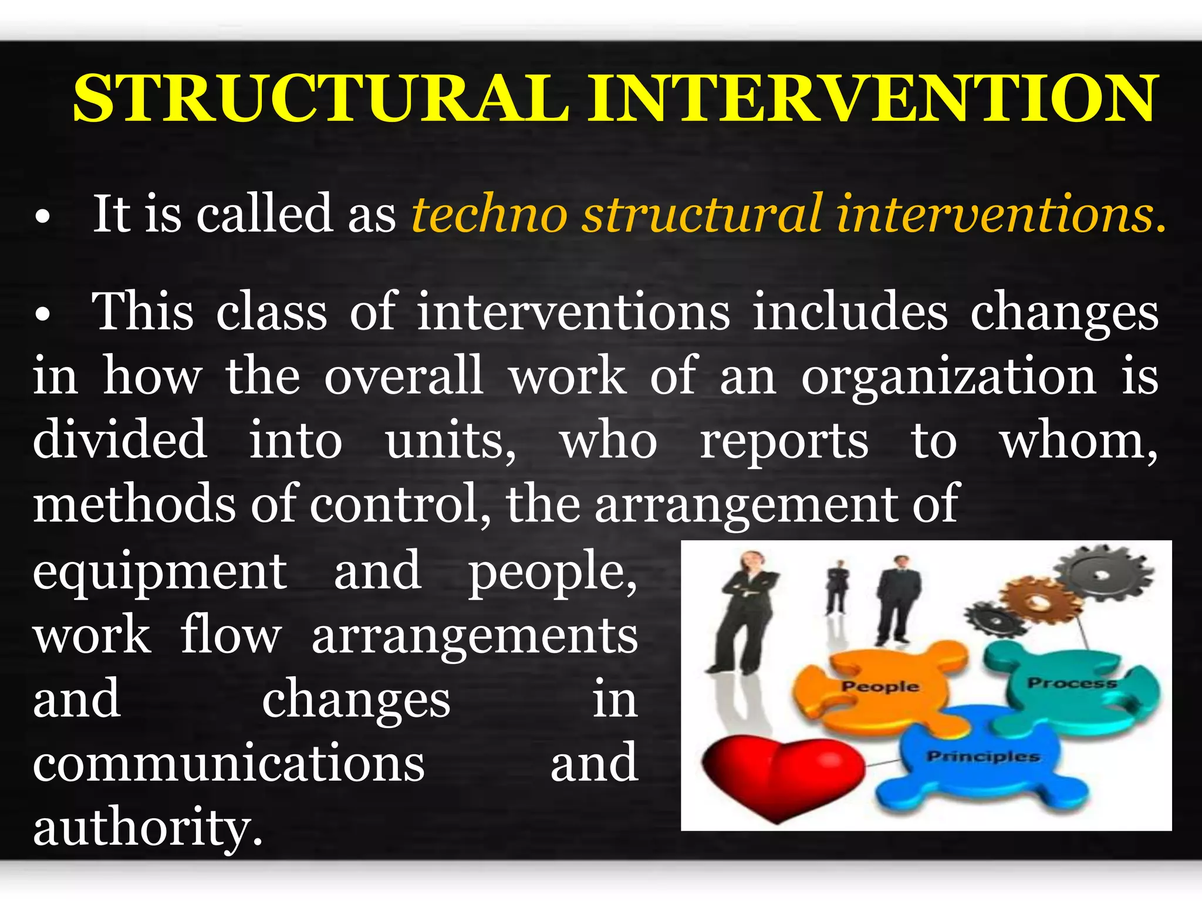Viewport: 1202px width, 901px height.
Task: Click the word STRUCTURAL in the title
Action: pyautogui.click(x=320, y=99)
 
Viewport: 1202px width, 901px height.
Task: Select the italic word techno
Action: pyautogui.click(x=489, y=214)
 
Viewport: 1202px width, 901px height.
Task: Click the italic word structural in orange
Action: pyautogui.click(x=702, y=214)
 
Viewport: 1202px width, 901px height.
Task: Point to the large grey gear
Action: pyautogui.click(x=1103, y=575)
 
